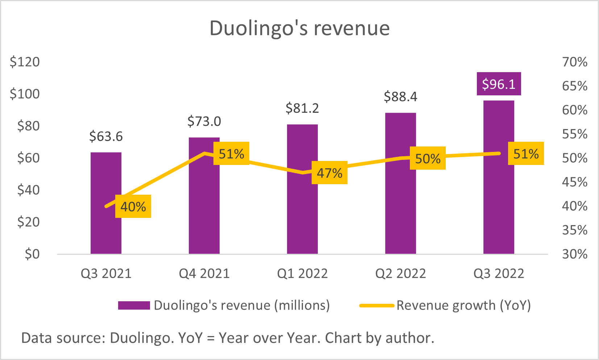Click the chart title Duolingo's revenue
[299, 28]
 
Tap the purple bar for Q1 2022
[302, 218]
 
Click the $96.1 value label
[499, 84]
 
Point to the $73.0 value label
[204, 121]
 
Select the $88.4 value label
[400, 97]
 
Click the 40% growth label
[133, 207]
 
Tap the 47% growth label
[329, 173]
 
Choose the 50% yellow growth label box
[428, 158]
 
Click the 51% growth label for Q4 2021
[231, 154]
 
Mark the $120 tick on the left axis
[25, 62]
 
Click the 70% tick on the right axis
[575, 62]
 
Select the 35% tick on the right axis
[575, 230]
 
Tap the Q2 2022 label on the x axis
[400, 273]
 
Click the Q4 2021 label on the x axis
[204, 273]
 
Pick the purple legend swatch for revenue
[134, 305]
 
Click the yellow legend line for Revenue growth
[377, 306]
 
